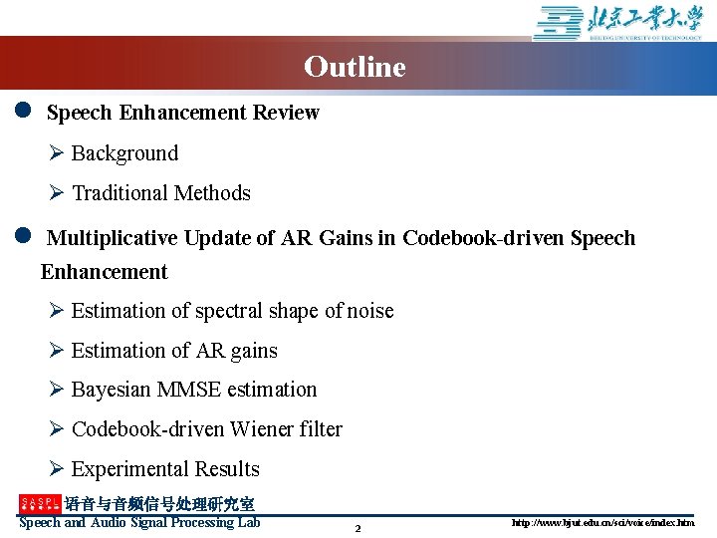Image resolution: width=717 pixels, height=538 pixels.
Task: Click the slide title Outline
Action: point(355,67)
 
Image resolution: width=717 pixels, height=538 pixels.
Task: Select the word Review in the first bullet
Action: point(286,113)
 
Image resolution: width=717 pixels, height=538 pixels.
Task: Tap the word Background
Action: point(124,153)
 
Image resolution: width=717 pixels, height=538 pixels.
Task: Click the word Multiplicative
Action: point(113,238)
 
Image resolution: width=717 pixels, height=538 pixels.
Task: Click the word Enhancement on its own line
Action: point(105,272)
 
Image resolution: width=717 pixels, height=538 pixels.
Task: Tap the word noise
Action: point(370,311)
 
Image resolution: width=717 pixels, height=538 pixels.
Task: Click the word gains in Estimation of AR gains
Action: point(254,351)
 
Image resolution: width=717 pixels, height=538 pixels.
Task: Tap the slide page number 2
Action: point(358,528)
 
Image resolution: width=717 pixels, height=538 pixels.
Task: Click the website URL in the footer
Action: point(603,522)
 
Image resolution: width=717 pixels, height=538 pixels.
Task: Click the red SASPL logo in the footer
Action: point(40,504)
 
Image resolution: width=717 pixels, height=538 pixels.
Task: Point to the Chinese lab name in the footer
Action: point(159,504)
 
